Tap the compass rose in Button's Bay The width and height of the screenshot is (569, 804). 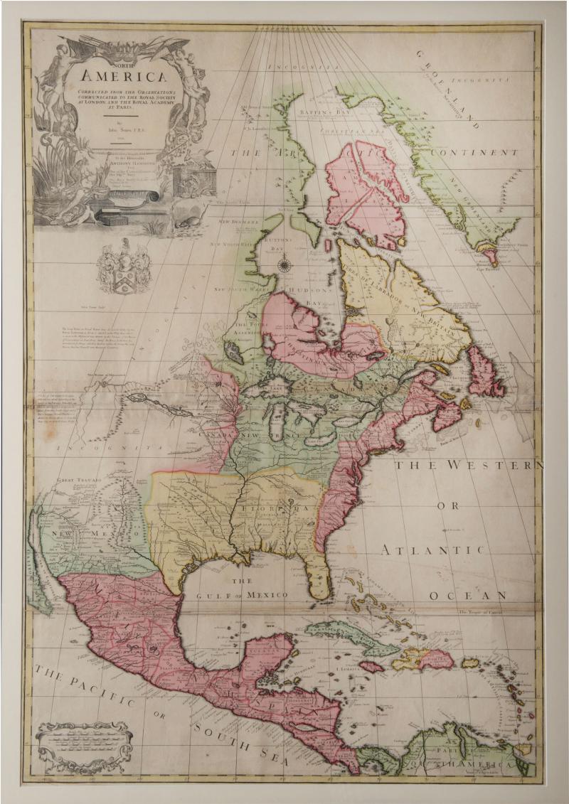pos(285,266)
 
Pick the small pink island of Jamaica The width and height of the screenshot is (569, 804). pos(371,667)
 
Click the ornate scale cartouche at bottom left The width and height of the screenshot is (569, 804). pos(84,746)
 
